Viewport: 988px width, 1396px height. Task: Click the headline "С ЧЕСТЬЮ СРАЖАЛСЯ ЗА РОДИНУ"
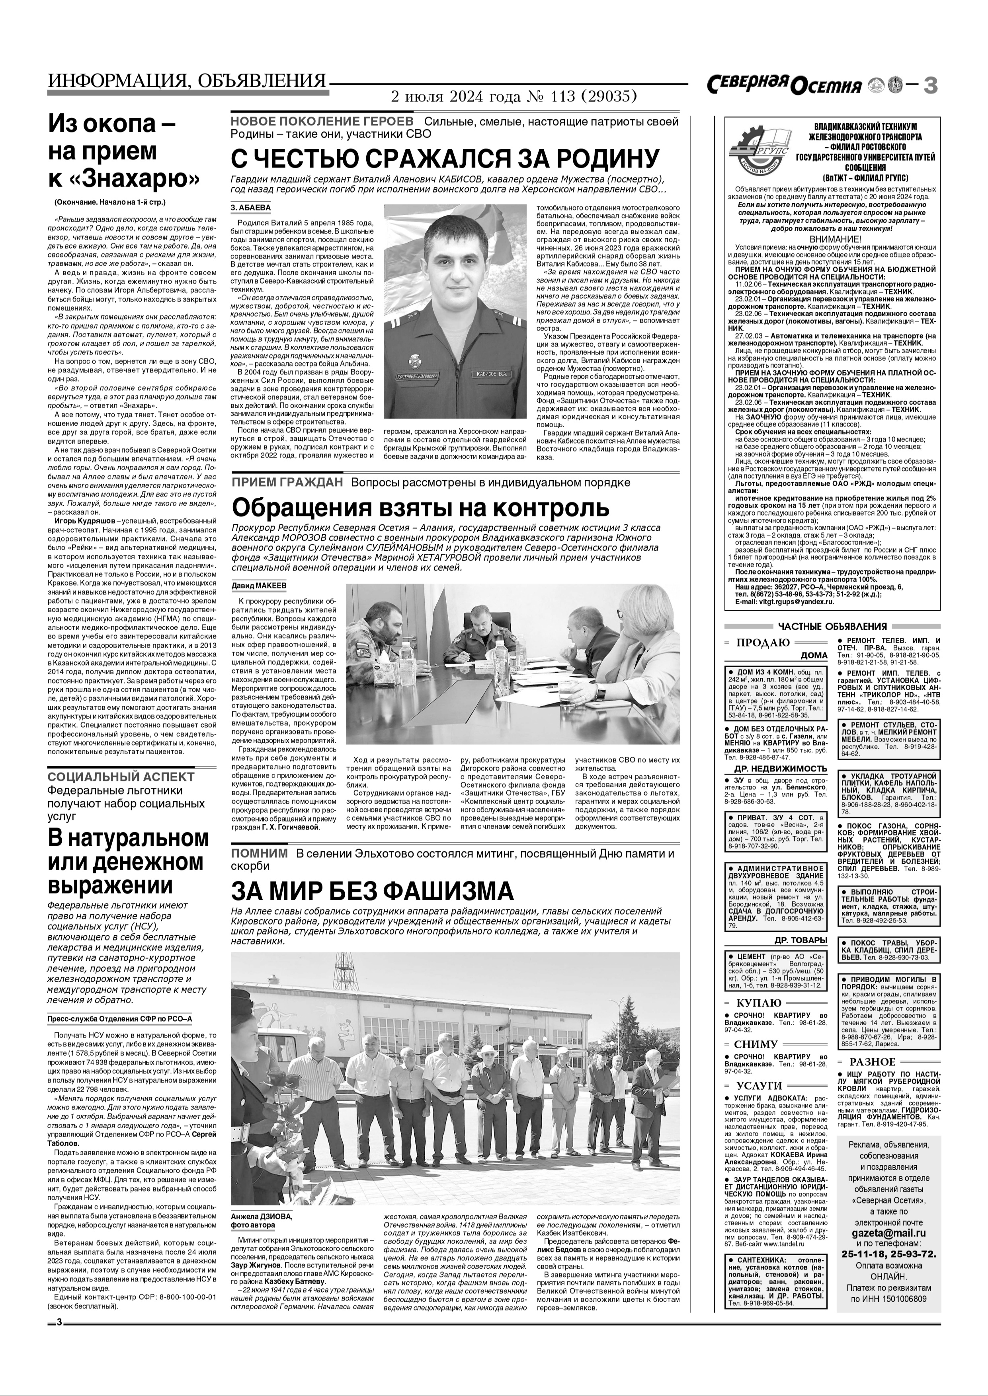pos(445,159)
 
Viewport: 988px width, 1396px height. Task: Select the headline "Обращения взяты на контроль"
pos(420,506)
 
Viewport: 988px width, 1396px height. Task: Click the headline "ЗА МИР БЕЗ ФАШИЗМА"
pos(372,892)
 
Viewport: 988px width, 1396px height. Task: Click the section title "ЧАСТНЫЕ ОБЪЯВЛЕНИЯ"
pos(832,626)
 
